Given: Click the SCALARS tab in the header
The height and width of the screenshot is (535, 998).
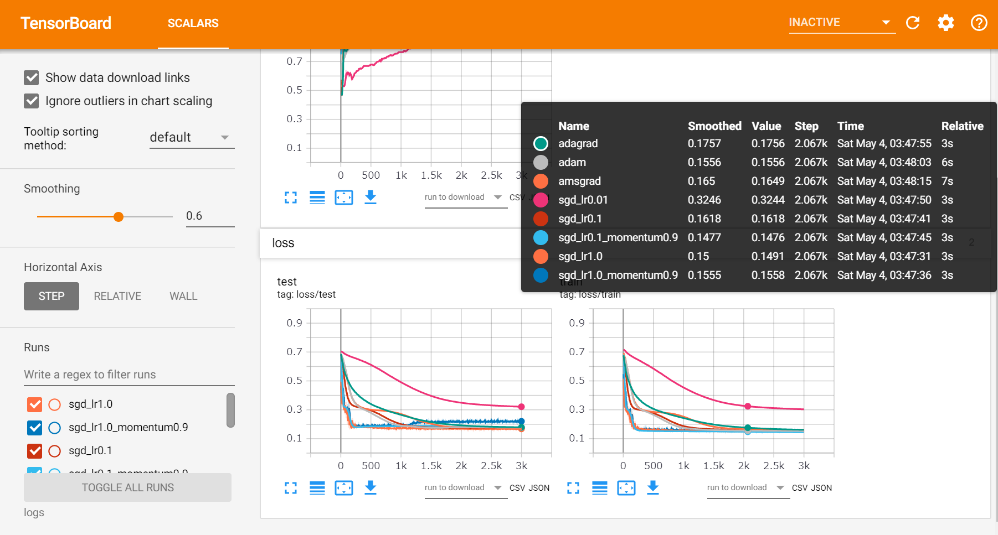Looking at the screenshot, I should (193, 23).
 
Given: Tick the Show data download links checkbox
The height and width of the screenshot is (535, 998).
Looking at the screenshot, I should (32, 78).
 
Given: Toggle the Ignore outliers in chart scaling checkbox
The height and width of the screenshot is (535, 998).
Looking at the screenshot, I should (32, 101).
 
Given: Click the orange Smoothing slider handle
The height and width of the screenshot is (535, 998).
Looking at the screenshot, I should (119, 217).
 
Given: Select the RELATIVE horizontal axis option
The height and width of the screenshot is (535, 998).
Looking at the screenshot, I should (117, 297).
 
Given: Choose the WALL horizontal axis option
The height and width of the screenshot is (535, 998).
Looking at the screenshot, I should (183, 297).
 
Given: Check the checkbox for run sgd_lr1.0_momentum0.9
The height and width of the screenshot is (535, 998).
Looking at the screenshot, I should (35, 428).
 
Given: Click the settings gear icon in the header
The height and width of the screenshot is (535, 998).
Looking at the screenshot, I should (946, 23).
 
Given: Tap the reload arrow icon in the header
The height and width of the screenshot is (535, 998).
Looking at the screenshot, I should (913, 23).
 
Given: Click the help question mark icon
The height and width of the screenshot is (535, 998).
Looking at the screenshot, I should (979, 23).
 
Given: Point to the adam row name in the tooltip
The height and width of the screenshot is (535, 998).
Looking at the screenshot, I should (572, 163).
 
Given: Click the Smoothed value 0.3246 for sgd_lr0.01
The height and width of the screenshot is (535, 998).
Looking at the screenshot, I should (704, 200).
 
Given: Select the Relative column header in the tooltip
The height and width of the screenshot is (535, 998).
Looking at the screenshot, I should (962, 126).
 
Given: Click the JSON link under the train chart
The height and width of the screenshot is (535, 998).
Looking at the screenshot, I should (821, 488).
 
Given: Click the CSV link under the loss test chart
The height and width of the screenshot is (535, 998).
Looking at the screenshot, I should (517, 488).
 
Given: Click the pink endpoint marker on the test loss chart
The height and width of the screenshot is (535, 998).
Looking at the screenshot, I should (521, 407).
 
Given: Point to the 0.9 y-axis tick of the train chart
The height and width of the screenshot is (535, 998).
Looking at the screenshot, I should (577, 323).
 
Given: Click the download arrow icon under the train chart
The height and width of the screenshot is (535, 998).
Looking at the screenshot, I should (653, 487).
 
